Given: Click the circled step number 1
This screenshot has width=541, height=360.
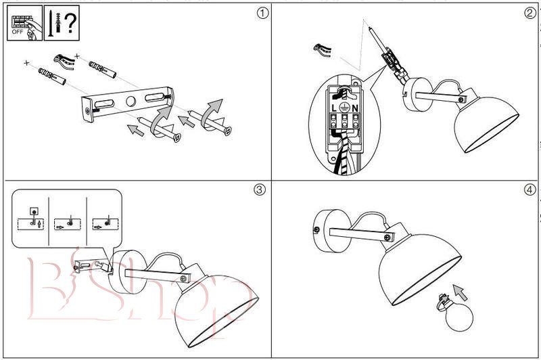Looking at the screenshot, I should (x=260, y=14).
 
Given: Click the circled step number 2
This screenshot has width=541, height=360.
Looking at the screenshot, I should (x=530, y=14).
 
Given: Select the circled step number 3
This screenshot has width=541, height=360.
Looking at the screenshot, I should (x=260, y=189).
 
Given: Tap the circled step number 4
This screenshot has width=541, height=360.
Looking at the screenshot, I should (x=530, y=189).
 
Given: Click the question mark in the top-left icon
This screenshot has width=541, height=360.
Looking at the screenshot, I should (x=70, y=24).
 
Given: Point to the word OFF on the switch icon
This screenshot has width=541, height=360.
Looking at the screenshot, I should (x=18, y=30).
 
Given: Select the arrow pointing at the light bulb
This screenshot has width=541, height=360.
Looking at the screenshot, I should (x=462, y=292).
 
